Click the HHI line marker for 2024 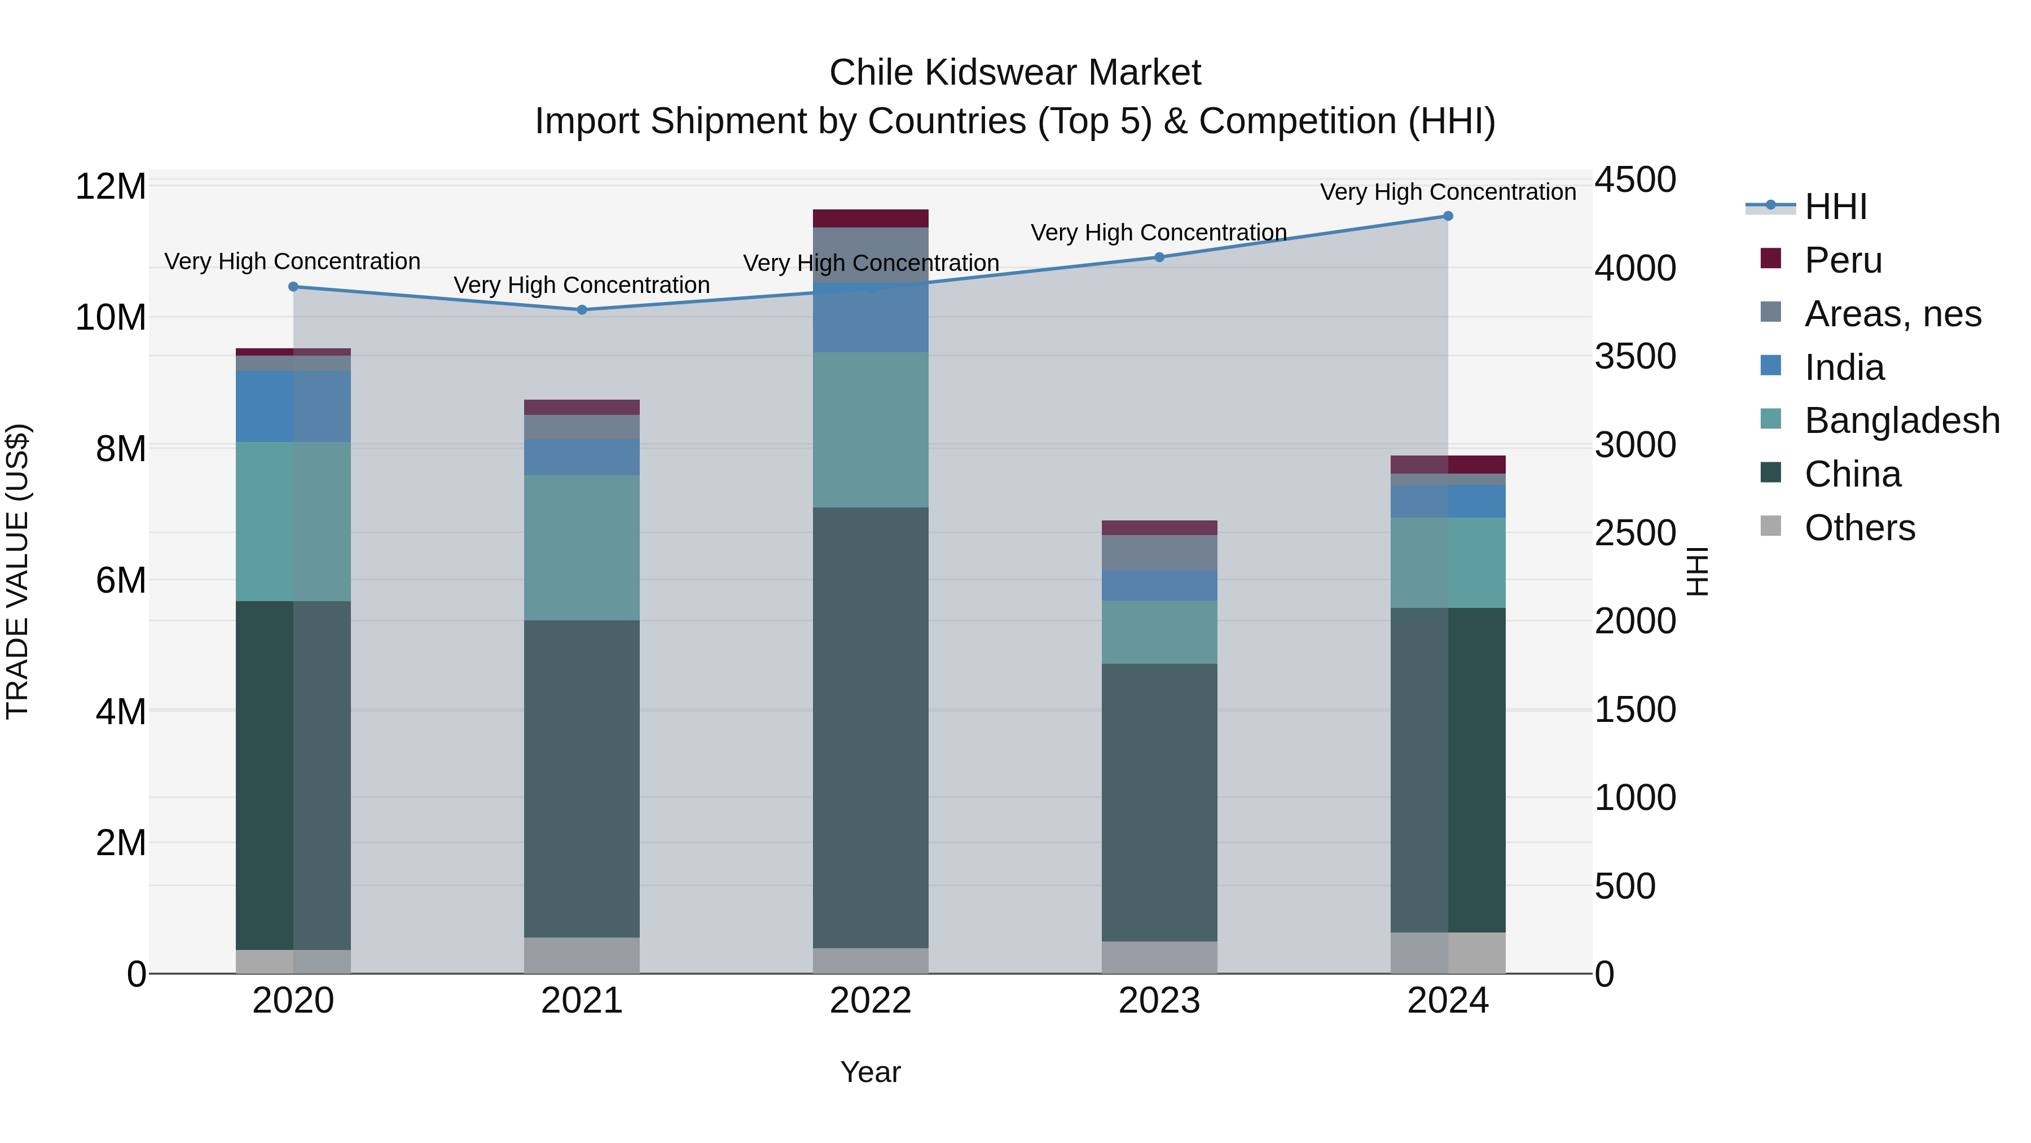point(1448,216)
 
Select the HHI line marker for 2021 point(582,310)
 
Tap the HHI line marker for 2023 point(1159,257)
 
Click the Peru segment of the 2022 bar point(871,218)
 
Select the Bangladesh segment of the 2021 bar point(582,548)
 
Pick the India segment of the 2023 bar point(1159,585)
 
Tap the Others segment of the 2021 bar point(582,955)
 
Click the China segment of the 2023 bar point(1159,802)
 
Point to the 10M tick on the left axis point(111,318)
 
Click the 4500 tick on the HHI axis point(1635,180)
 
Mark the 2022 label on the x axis point(871,1001)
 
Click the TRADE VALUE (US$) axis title point(17,571)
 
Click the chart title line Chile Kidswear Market point(1015,73)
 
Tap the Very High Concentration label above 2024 point(1448,192)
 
